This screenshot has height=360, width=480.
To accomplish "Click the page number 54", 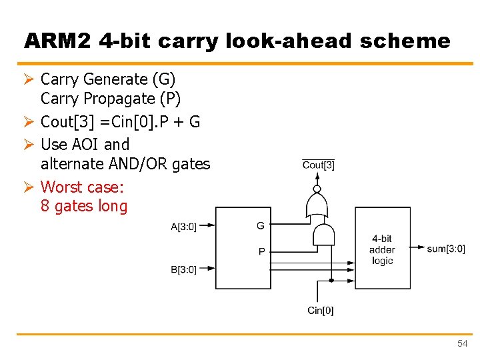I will click(462, 343).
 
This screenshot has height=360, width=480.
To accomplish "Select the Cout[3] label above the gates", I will click(319, 165).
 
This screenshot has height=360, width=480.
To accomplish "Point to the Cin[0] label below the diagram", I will click(321, 311).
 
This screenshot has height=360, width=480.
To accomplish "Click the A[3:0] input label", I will click(183, 227).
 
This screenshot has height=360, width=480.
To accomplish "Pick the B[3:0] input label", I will click(183, 269).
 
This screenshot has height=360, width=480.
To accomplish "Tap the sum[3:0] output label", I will click(446, 249).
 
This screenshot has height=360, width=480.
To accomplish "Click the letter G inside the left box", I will click(261, 226).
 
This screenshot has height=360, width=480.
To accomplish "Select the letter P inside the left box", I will click(261, 251).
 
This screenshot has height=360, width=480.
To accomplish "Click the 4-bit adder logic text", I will click(382, 249).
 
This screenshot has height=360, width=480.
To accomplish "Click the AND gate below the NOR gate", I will click(325, 235).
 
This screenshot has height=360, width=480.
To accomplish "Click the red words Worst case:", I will click(82, 187).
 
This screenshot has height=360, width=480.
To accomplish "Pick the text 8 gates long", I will click(84, 206).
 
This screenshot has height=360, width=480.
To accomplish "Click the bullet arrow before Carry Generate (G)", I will click(29, 79).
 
